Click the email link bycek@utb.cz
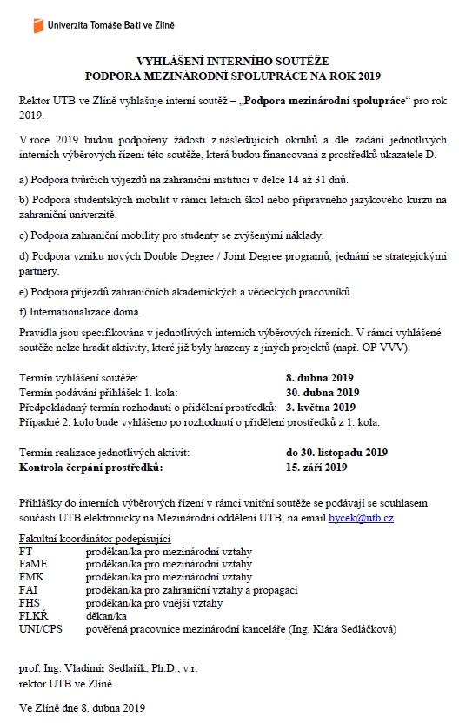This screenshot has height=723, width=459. [361, 518]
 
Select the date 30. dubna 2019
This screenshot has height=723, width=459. [323, 391]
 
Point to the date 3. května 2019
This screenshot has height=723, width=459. [321, 407]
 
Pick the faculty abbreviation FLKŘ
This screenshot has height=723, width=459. [33, 615]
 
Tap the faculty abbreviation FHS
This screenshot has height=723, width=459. [30, 603]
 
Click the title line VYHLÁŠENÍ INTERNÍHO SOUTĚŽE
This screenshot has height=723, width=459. [229, 62]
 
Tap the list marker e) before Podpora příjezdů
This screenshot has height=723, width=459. [23, 290]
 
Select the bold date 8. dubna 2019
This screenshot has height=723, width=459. [320, 378]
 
